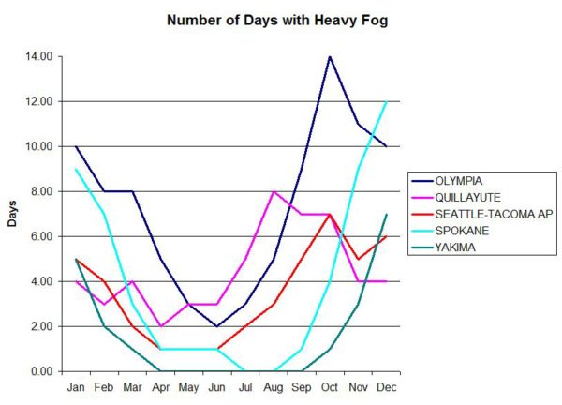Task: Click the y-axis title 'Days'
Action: (x=10, y=217)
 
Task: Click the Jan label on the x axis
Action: (x=76, y=385)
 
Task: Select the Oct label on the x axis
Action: (x=330, y=385)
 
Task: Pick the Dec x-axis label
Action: (x=386, y=385)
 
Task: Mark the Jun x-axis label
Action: (x=216, y=385)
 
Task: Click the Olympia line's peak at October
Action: (x=330, y=56)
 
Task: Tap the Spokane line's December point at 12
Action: (x=386, y=101)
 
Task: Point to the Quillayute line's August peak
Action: (x=273, y=191)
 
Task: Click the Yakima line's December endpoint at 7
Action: (x=386, y=214)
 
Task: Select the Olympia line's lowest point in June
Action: (x=216, y=326)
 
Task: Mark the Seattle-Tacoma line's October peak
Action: (x=330, y=214)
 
